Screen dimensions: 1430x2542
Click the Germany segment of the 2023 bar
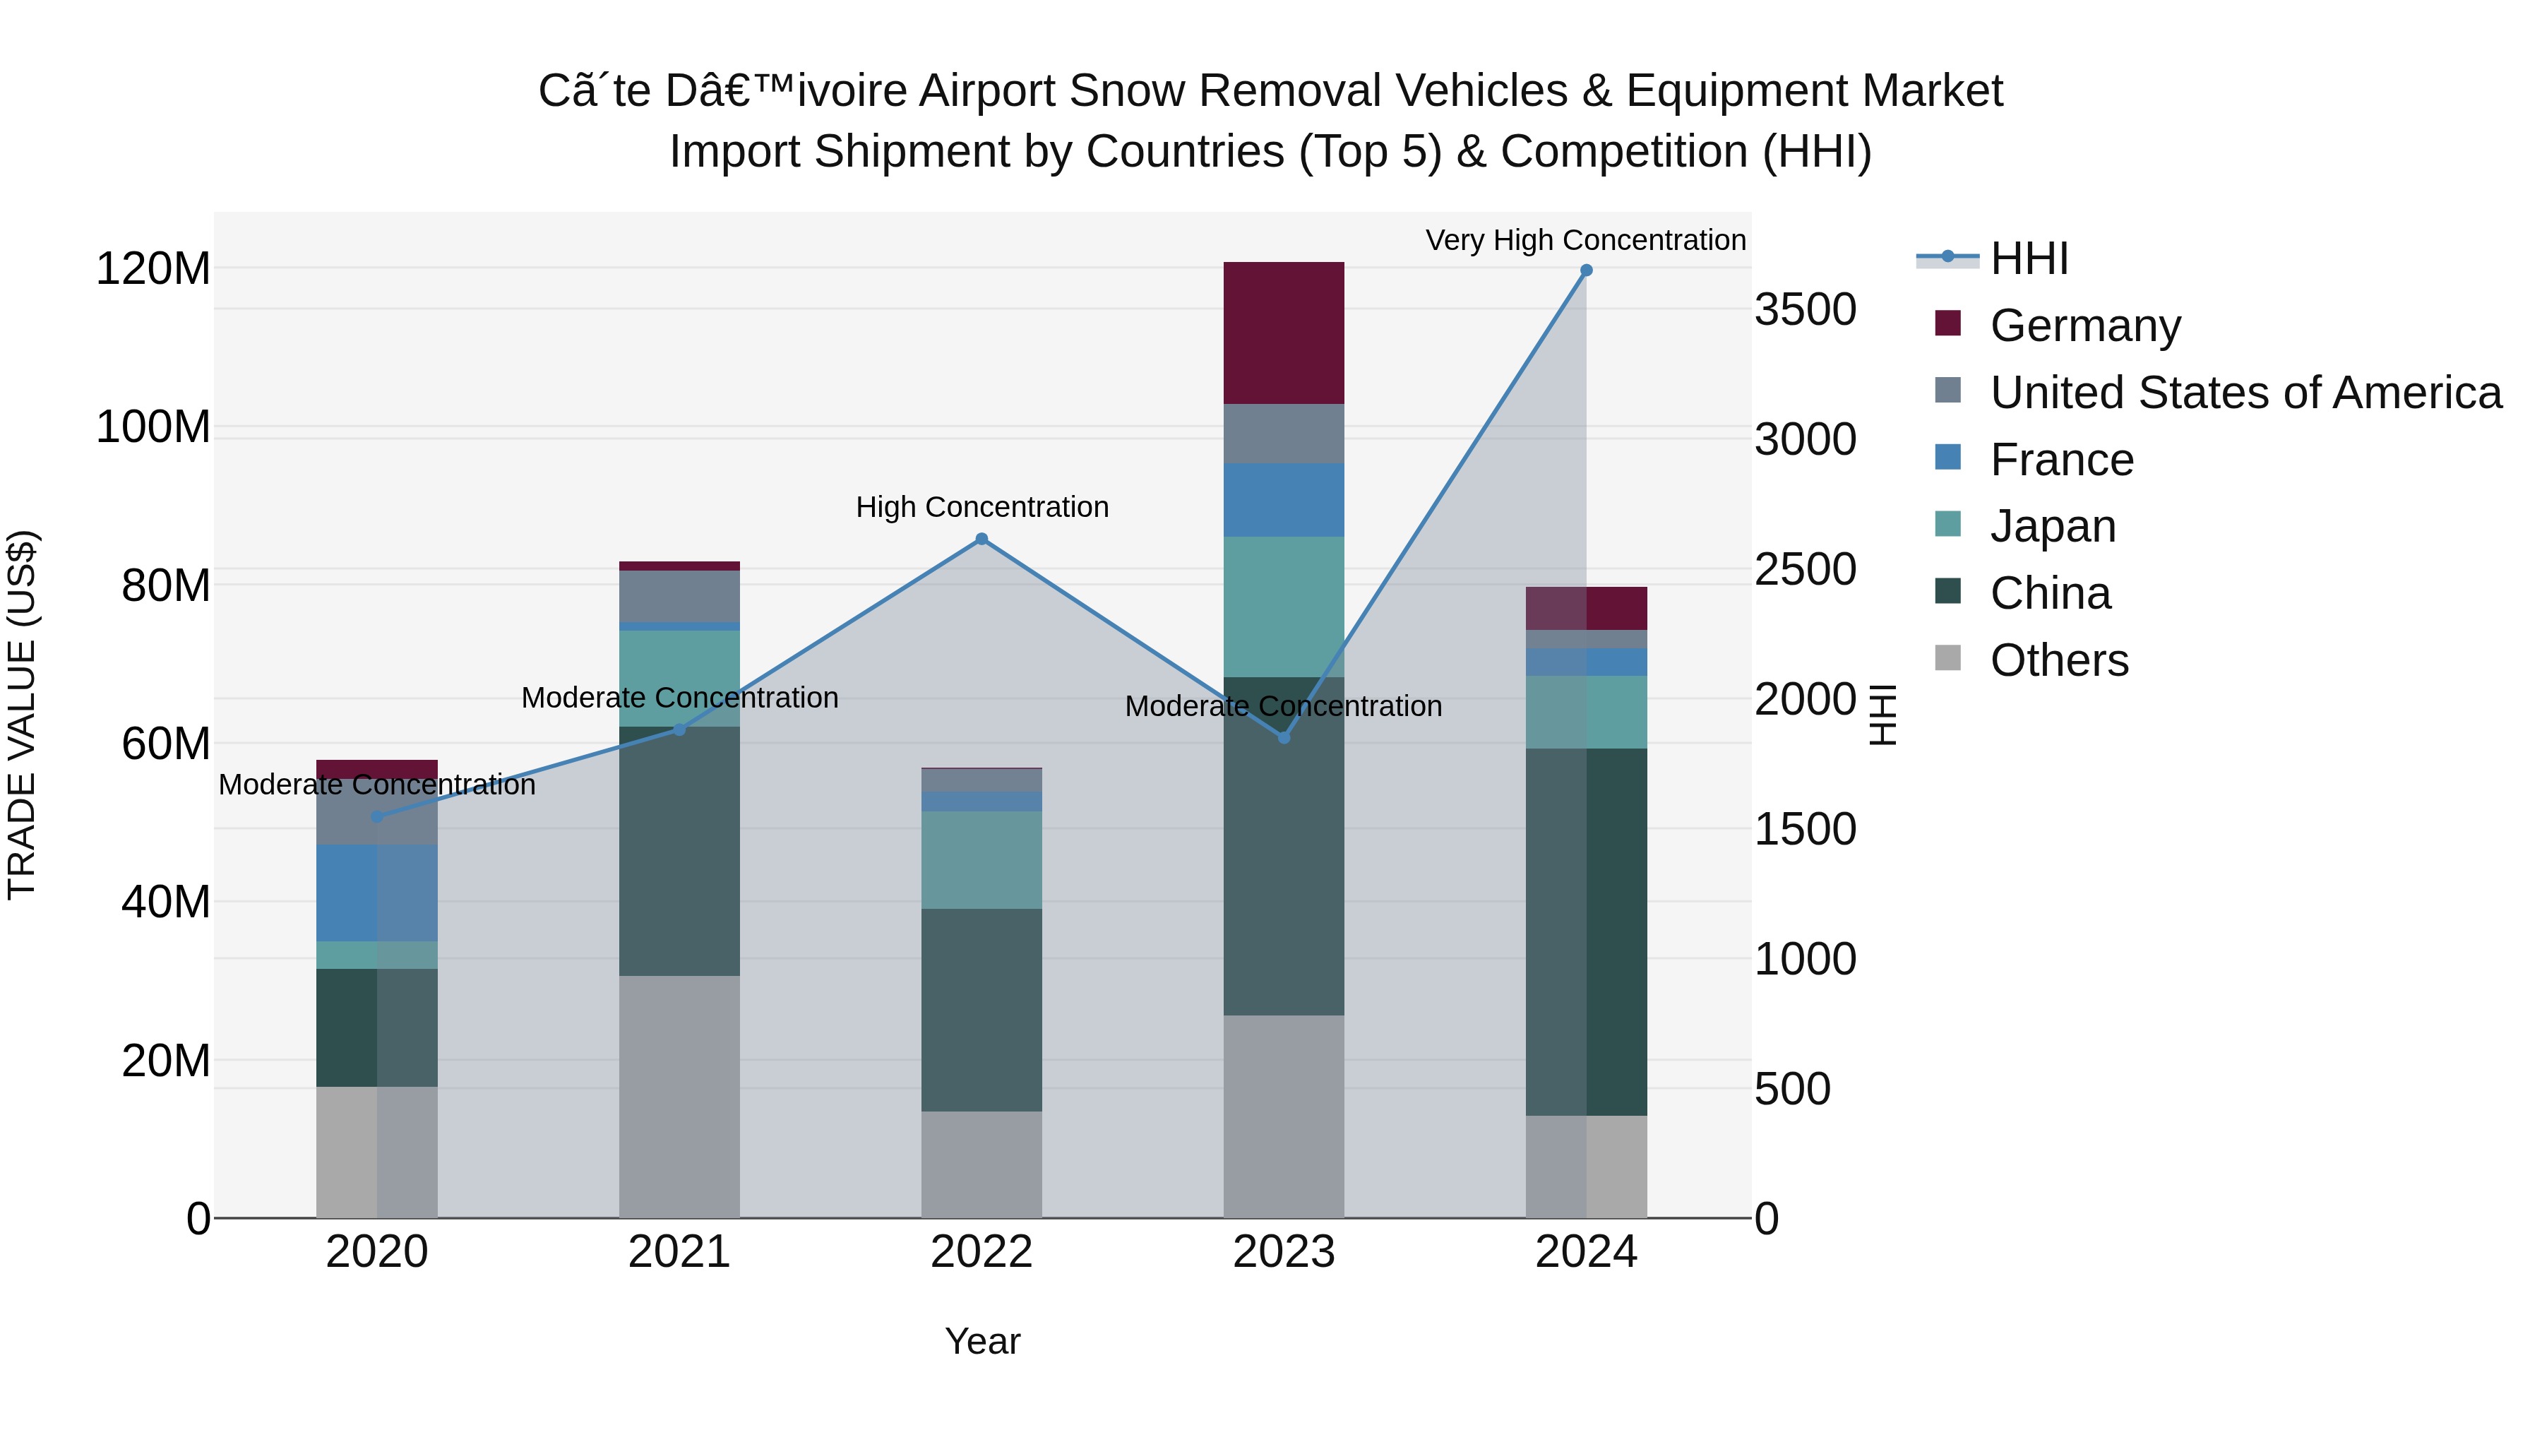click(x=1283, y=333)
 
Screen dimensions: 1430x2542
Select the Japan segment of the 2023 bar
click(x=1283, y=607)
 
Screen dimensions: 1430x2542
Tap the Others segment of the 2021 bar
click(x=679, y=1095)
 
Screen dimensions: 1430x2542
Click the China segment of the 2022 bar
click(x=981, y=1010)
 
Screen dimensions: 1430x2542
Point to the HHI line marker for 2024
click(x=1586, y=270)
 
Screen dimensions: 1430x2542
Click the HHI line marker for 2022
click(x=981, y=539)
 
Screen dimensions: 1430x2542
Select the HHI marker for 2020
click(x=376, y=816)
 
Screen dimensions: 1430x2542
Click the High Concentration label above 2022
click(x=981, y=507)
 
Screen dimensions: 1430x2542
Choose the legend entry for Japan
click(x=2053, y=526)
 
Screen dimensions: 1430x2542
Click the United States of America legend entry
click(x=2245, y=393)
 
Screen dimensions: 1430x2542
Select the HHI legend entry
click(x=2028, y=258)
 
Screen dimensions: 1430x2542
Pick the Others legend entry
click(x=2058, y=660)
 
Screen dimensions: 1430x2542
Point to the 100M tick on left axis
click(x=153, y=427)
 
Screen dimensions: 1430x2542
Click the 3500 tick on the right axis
click(x=1805, y=310)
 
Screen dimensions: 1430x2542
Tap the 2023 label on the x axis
click(x=1283, y=1252)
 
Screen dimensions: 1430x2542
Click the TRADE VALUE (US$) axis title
click(x=22, y=715)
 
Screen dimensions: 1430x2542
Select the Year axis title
click(x=982, y=1341)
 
